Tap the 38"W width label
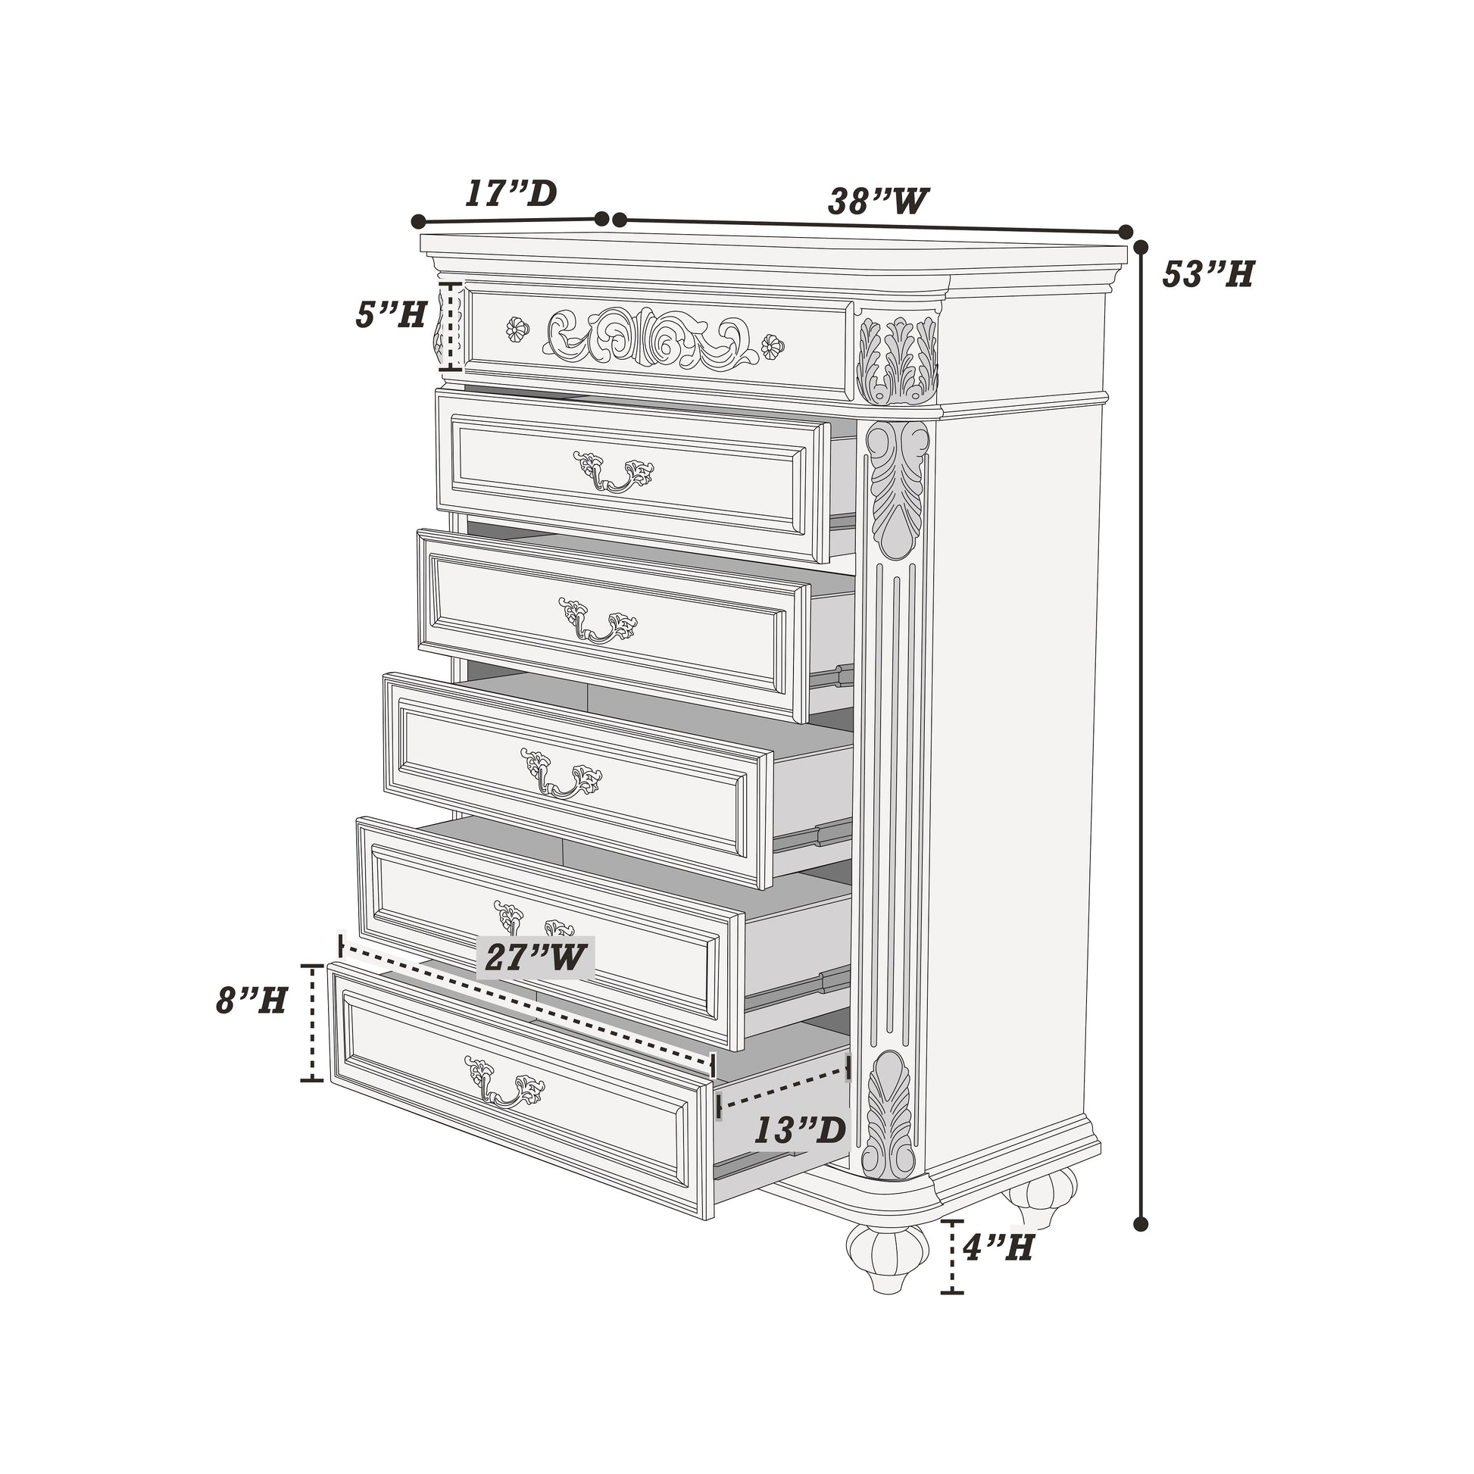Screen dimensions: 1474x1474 pyautogui.click(x=878, y=201)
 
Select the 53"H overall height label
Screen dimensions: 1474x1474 pyautogui.click(x=1207, y=274)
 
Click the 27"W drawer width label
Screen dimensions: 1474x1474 pyautogui.click(x=535, y=957)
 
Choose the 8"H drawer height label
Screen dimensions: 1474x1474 pyautogui.click(x=251, y=999)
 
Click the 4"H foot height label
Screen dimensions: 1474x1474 pyautogui.click(x=998, y=1248)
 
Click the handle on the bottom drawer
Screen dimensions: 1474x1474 pyautogui.click(x=504, y=1082)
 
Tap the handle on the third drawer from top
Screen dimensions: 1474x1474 pyautogui.click(x=598, y=620)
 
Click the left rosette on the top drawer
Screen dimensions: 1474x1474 pyautogui.click(x=517, y=329)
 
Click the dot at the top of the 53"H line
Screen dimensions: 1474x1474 pyautogui.click(x=1141, y=247)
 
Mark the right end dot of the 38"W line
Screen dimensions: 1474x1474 pyautogui.click(x=1125, y=232)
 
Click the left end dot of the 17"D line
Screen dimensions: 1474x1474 pyautogui.click(x=418, y=221)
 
